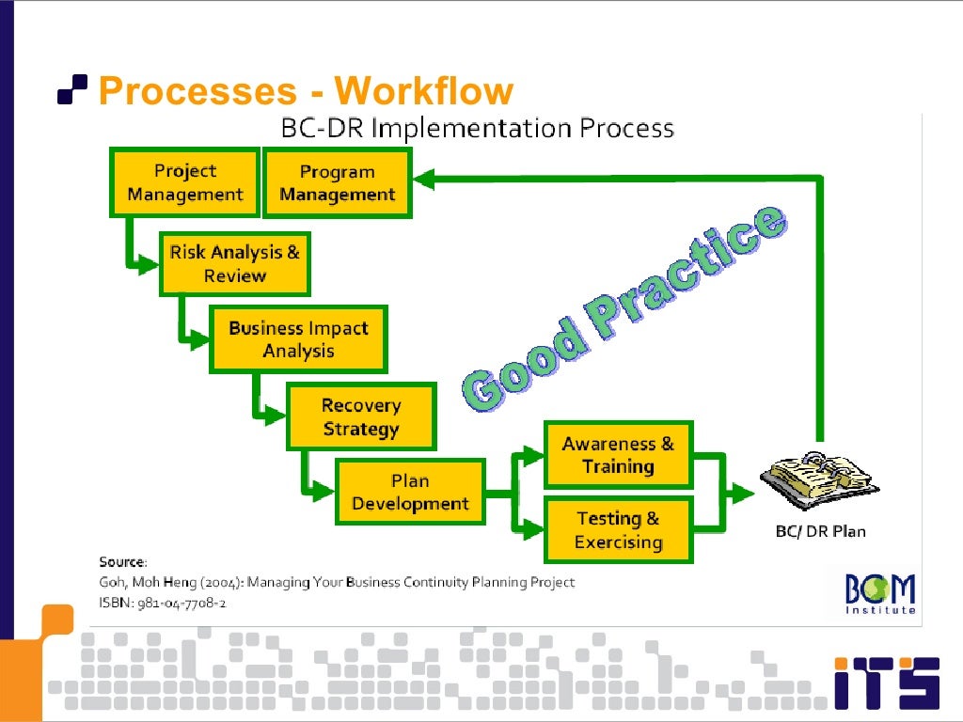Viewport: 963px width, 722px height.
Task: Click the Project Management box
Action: point(185,182)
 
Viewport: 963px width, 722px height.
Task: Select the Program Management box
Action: point(338,183)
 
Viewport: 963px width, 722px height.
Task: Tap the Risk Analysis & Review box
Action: point(234,264)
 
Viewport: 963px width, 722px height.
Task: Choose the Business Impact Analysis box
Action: point(298,339)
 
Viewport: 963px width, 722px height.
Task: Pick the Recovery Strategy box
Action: point(361,416)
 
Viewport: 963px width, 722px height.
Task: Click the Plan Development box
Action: point(410,492)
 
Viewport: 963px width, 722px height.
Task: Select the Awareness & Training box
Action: point(619,455)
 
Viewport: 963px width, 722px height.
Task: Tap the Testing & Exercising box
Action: point(619,530)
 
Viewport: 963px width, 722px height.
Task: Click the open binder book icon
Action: point(819,480)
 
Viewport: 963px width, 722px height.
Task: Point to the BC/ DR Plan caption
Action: point(820,531)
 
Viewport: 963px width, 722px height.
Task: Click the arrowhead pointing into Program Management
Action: point(424,179)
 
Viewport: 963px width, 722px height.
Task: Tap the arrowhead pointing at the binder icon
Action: point(742,493)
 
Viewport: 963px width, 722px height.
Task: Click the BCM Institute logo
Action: point(880,594)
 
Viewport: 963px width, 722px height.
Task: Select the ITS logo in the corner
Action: point(887,683)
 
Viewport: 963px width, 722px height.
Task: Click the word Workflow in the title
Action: point(424,91)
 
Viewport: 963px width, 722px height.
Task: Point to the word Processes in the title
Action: point(197,91)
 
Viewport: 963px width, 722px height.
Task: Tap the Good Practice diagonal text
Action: point(624,308)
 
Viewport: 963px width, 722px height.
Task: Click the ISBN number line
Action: point(162,603)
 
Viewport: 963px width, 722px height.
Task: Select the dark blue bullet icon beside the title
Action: point(72,89)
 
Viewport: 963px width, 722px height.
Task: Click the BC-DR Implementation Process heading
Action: point(477,128)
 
